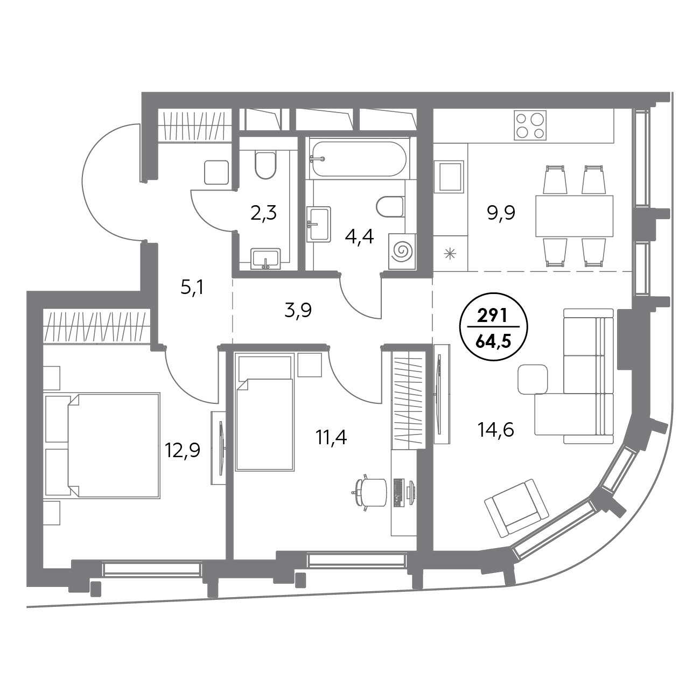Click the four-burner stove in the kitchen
[x=530, y=125]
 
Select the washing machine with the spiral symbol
[x=402, y=251]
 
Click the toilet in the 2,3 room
[x=265, y=165]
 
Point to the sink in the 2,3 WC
[x=266, y=258]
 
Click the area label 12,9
[x=183, y=451]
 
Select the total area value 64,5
[x=494, y=342]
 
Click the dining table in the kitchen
[x=575, y=215]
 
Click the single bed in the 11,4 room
[x=265, y=414]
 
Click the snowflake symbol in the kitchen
[x=450, y=253]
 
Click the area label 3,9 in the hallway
[x=298, y=311]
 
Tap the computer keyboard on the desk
[x=398, y=493]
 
